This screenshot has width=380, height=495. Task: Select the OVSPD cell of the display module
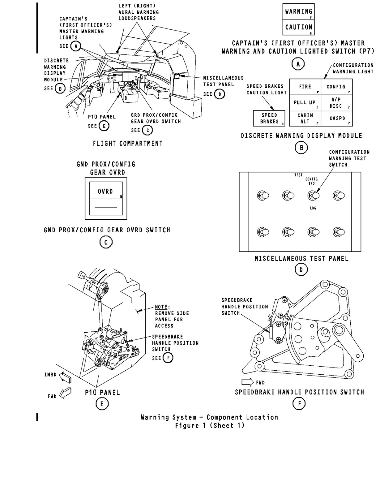click(x=337, y=118)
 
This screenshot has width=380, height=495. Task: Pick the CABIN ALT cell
click(x=305, y=118)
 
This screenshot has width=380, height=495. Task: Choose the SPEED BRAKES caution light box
click(x=269, y=118)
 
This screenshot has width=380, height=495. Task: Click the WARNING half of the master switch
click(x=298, y=12)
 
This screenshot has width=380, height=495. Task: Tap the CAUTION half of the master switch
click(x=298, y=27)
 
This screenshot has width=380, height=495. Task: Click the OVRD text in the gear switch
click(x=105, y=192)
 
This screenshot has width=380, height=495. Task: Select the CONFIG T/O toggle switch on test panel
click(x=314, y=196)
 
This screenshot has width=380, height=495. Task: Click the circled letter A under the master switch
click(x=298, y=64)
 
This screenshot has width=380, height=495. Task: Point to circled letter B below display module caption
click(x=301, y=148)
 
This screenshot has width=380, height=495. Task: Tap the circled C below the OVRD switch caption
click(x=106, y=243)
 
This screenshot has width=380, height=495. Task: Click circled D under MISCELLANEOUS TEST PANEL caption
click(x=301, y=270)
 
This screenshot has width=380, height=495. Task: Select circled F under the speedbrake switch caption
click(x=299, y=403)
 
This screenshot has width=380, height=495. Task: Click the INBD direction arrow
click(x=65, y=377)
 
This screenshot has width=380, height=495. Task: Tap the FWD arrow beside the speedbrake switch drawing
click(x=248, y=382)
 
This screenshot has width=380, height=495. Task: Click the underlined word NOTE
click(x=161, y=307)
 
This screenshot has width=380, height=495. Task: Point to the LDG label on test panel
click(x=313, y=208)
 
